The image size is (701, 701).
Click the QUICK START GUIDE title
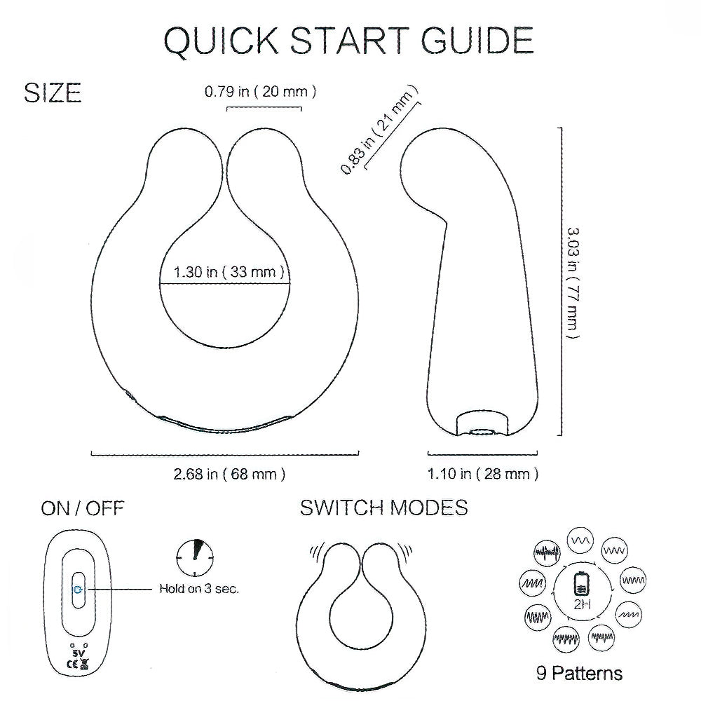348,41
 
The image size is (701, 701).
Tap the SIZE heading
53,93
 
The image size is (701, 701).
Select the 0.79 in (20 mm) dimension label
261,92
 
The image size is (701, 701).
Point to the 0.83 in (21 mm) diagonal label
379,130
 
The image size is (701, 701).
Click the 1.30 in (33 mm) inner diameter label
229,272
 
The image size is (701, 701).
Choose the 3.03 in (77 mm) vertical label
573,283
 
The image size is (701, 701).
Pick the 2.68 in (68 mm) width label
229,474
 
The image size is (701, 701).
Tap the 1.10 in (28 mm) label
483,474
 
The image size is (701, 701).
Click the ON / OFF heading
82,509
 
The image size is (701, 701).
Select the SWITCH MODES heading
383,508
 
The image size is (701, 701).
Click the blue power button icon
78,590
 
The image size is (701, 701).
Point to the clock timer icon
195,557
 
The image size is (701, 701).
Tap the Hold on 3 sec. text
199,589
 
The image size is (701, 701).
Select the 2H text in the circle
582,604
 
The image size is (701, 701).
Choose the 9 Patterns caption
580,673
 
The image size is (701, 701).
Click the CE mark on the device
72,665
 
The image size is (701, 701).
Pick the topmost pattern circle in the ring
580,540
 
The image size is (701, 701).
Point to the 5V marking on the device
78,653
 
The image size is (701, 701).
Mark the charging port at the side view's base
482,432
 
